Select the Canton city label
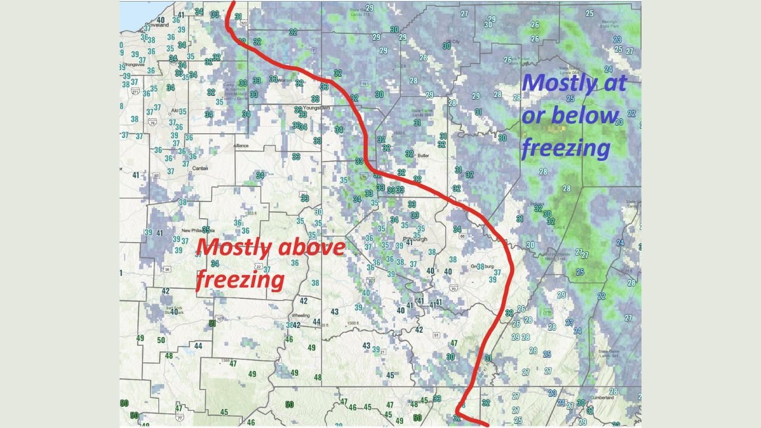200,168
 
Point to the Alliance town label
241,145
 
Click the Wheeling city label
301,315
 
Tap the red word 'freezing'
240,279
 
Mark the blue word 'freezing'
565,148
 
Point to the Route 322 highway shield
243,23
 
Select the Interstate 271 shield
136,92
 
